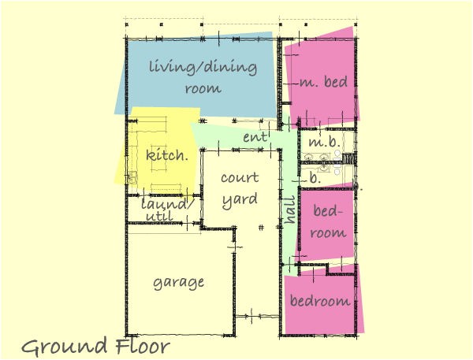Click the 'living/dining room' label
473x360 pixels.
[203, 77]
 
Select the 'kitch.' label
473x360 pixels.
[167, 155]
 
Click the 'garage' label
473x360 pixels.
[179, 281]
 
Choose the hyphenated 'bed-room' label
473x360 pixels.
[329, 221]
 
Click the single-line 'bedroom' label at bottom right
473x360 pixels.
[319, 301]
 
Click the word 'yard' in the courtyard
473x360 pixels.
[239, 199]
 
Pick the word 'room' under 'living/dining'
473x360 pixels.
[203, 88]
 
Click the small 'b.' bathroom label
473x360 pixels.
[315, 180]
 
